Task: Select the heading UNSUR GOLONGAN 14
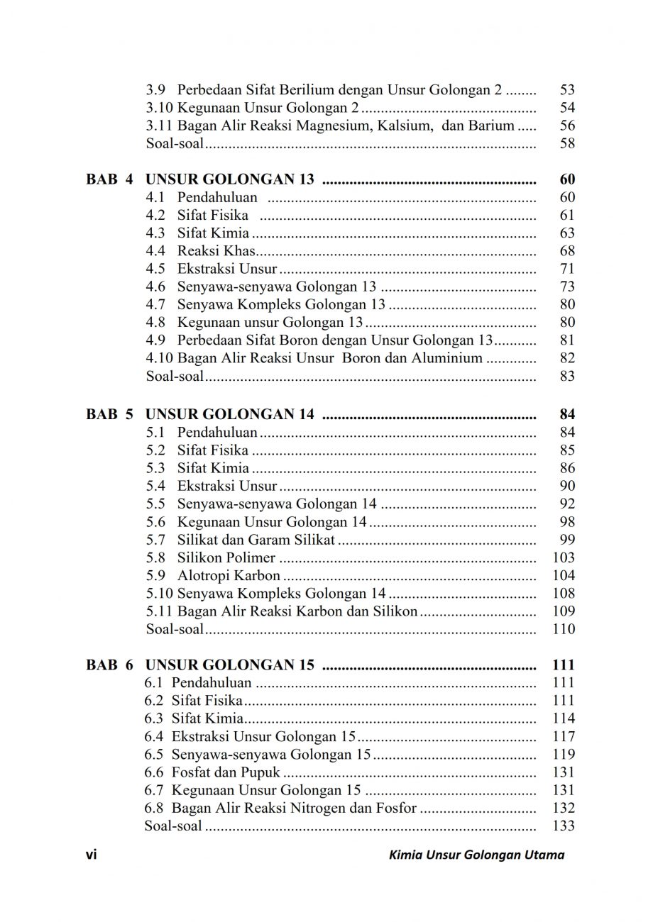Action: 230,414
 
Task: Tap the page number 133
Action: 563,826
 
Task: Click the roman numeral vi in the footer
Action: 91,855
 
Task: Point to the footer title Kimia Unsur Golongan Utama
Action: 477,855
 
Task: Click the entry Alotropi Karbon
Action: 229,575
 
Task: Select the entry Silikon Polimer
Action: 226,557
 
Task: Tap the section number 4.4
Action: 155,251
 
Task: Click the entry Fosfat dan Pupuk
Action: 226,772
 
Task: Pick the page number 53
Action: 566,90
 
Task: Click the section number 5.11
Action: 159,611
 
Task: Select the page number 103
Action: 563,557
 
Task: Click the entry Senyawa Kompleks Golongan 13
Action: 281,305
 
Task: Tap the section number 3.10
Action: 159,108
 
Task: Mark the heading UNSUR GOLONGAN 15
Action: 230,665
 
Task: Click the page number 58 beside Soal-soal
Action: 566,144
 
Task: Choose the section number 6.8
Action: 155,808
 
